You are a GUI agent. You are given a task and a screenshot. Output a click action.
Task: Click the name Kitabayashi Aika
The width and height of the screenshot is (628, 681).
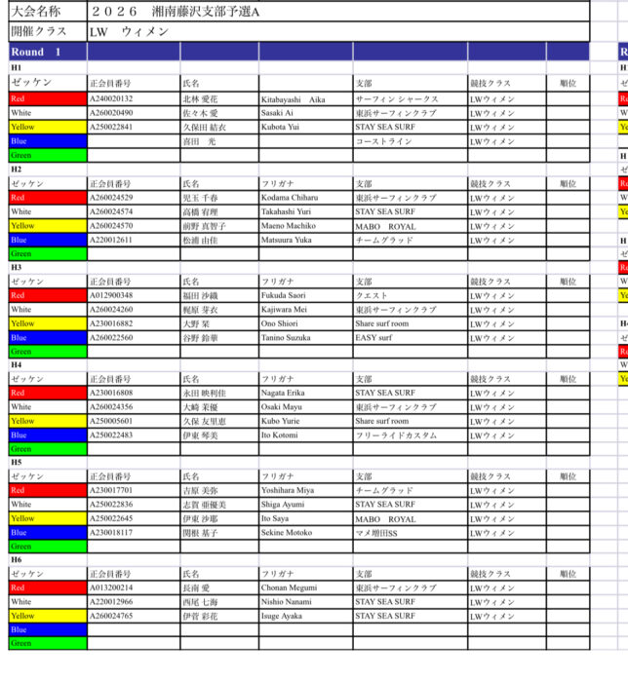(x=294, y=99)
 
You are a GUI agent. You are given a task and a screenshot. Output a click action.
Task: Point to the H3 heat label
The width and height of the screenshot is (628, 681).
(x=17, y=267)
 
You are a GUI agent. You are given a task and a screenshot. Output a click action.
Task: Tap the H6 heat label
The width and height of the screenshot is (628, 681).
(x=17, y=560)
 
